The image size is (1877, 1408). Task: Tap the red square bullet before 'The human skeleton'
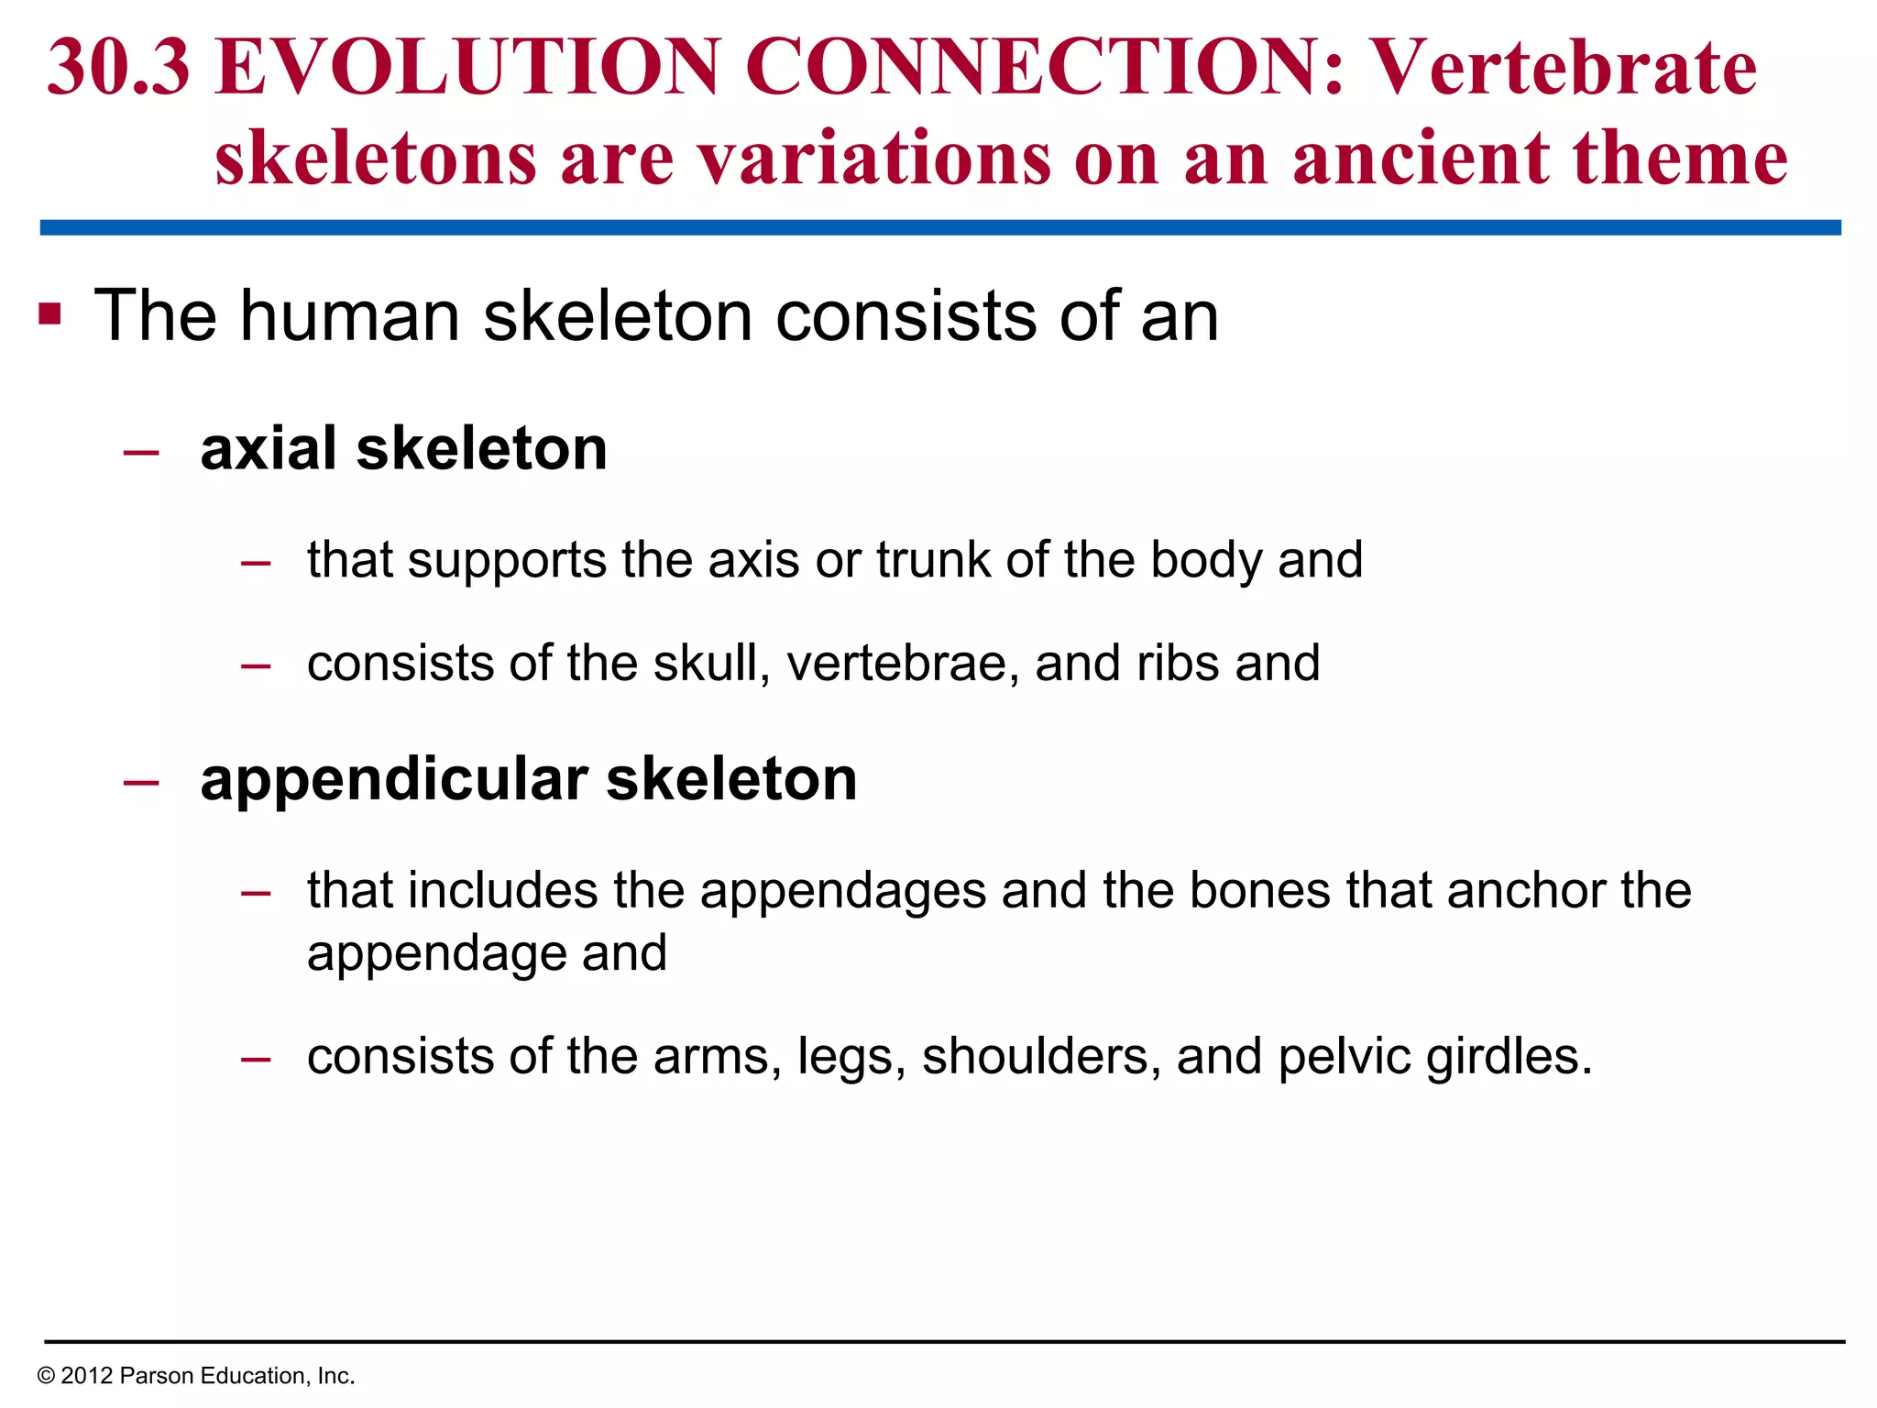[50, 314]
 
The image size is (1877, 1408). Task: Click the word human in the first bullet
[349, 315]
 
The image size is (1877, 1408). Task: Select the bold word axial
[269, 448]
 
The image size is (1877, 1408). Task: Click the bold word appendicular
[394, 779]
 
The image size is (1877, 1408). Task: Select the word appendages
[842, 891]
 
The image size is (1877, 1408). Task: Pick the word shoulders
[1036, 1056]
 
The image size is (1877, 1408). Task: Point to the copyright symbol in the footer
[46, 1376]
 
